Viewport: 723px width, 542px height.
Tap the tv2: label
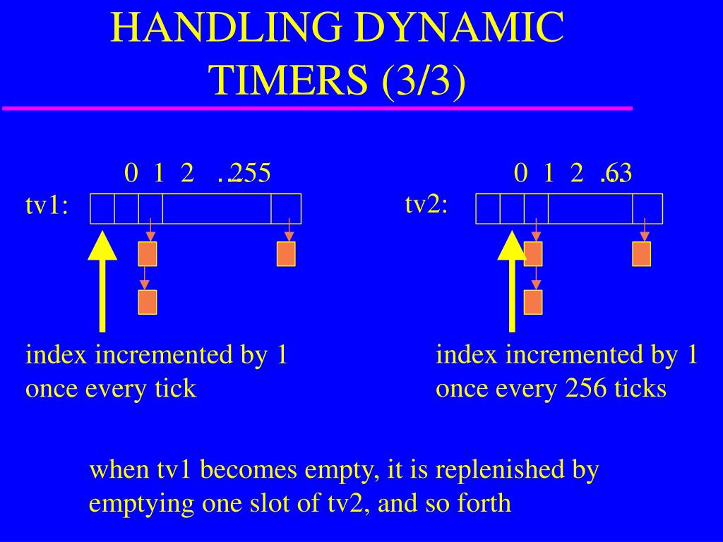(x=426, y=204)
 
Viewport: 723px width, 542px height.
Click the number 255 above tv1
(x=250, y=173)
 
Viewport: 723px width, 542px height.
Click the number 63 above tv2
(x=619, y=173)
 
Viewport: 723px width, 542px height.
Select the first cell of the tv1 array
(x=102, y=209)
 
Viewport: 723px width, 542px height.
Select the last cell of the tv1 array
(x=286, y=209)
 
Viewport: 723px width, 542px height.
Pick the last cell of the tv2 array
(x=647, y=209)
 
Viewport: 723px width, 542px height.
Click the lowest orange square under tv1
(x=147, y=302)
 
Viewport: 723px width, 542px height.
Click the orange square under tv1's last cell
(x=286, y=254)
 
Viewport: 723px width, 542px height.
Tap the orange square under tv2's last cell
(x=641, y=254)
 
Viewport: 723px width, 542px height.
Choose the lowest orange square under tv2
(x=533, y=302)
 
